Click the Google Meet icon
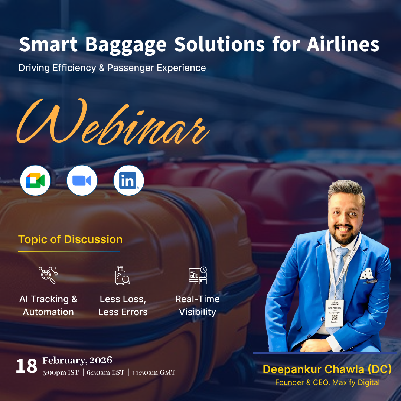pyautogui.click(x=35, y=181)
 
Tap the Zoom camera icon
pyautogui.click(x=82, y=181)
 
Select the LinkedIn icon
pyautogui.click(x=128, y=181)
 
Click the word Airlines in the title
pyautogui.click(x=343, y=44)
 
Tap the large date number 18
pyautogui.click(x=26, y=366)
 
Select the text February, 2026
pyautogui.click(x=77, y=360)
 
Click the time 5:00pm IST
pyautogui.click(x=61, y=372)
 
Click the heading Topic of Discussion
pyautogui.click(x=70, y=239)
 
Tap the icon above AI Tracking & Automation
pyautogui.click(x=48, y=275)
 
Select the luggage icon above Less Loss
pyautogui.click(x=122, y=275)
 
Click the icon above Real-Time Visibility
pyautogui.click(x=198, y=275)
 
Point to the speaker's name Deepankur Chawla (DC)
pyautogui.click(x=327, y=369)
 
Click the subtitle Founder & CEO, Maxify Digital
pyautogui.click(x=327, y=382)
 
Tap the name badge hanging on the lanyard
pyautogui.click(x=334, y=312)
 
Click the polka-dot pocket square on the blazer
pyautogui.click(x=367, y=274)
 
